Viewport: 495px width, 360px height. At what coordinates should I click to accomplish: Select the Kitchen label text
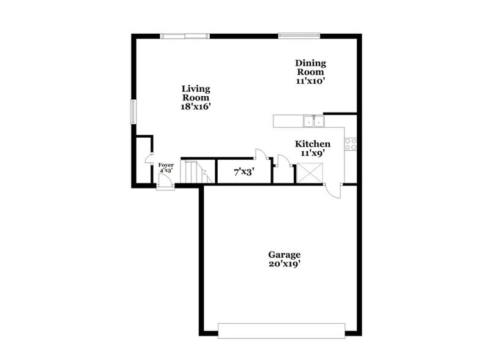(313, 144)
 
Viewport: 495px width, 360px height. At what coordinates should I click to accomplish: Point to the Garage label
(285, 255)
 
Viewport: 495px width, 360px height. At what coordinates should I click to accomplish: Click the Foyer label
(166, 165)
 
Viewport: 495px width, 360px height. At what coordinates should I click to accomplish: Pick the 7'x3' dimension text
(244, 173)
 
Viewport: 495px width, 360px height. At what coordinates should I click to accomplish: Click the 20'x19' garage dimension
(285, 264)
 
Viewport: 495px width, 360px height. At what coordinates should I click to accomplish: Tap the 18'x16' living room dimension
(196, 107)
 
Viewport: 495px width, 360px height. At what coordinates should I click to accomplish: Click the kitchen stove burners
(351, 144)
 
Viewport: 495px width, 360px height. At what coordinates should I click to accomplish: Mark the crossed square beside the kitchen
(309, 173)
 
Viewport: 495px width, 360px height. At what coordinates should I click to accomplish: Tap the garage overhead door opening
(281, 331)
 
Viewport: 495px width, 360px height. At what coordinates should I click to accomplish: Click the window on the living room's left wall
(132, 112)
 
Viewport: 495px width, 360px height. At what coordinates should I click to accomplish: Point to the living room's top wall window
(185, 36)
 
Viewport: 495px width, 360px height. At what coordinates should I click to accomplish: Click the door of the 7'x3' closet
(259, 154)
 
